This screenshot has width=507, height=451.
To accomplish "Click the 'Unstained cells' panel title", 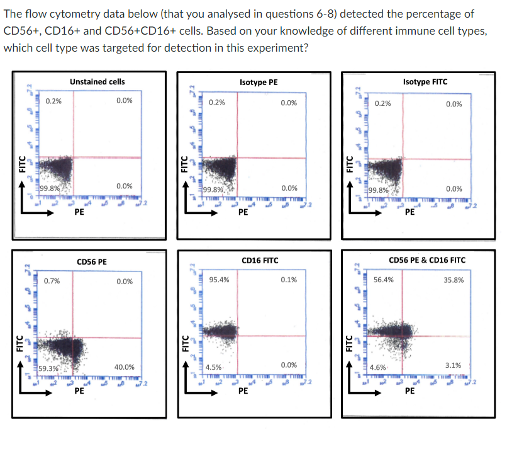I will click(97, 81).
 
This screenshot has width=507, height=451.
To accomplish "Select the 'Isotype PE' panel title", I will click(259, 82).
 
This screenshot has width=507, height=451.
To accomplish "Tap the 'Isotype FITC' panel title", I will click(425, 82).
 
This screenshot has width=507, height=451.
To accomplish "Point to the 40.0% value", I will click(124, 367).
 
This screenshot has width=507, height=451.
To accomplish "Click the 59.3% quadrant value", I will click(49, 368).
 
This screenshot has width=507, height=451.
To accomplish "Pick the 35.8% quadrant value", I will click(454, 279).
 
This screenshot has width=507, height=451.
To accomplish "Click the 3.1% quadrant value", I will click(454, 365).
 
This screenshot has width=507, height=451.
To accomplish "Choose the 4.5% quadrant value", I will click(213, 367).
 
